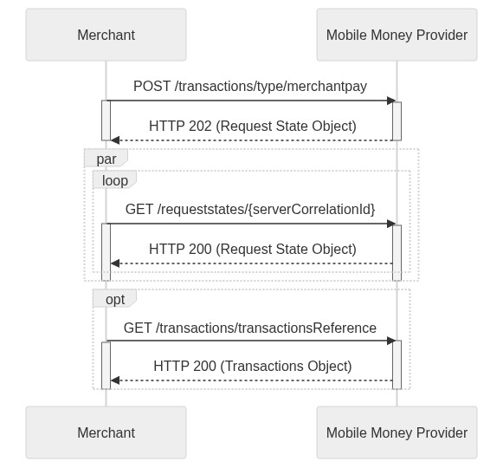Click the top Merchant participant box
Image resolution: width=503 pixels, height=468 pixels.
coord(106,35)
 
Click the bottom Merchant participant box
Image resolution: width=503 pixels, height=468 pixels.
coord(106,432)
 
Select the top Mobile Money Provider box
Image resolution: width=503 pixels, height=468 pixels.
coord(397,35)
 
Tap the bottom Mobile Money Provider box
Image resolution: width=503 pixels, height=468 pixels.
coord(397,432)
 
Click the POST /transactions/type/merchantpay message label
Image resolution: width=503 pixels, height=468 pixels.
coord(250,87)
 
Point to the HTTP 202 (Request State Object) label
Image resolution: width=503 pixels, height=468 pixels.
coord(253,127)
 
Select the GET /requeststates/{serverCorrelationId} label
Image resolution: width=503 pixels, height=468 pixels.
coord(250,210)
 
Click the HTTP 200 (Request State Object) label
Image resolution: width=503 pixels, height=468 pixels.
coord(253,250)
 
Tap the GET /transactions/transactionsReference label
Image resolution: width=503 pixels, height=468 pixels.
coord(250,328)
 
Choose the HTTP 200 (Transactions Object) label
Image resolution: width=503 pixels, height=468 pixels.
coord(253,367)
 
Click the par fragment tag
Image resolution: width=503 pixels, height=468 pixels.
coord(106,159)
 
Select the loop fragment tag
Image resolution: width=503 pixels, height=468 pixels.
coord(114,180)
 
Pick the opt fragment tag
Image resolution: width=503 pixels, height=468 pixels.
coord(114,298)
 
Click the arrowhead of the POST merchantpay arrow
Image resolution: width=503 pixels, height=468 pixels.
coord(391,101)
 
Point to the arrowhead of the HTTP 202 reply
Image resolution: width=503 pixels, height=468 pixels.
coord(115,140)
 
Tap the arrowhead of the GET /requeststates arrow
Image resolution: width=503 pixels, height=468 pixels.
coord(391,224)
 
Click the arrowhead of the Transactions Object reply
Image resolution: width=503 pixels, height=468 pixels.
coord(115,380)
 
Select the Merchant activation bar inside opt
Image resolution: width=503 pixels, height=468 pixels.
coord(106,366)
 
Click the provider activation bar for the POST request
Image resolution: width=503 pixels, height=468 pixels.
coord(397,121)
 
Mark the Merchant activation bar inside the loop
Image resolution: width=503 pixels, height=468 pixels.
coord(106,252)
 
